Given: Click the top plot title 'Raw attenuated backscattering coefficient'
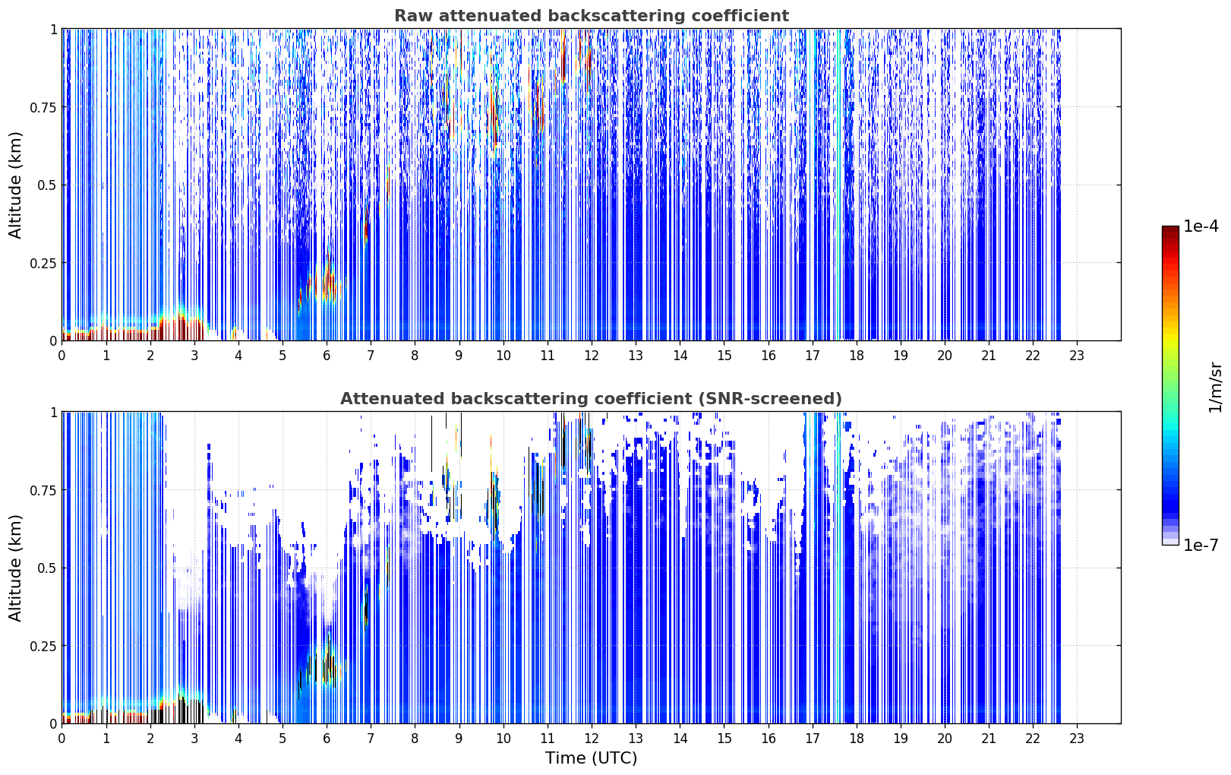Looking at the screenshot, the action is tap(592, 16).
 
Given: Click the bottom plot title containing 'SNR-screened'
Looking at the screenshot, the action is tap(592, 398).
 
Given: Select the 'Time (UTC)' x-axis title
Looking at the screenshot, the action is tap(592, 758).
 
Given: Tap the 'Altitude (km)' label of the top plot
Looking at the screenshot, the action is tap(15, 185).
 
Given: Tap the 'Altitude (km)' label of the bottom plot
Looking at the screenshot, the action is tap(15, 568).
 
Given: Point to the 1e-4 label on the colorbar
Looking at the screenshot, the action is tap(1201, 226).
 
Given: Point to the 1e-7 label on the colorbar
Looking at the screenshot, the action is tap(1201, 546).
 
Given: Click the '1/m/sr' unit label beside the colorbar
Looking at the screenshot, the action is tap(1215, 387).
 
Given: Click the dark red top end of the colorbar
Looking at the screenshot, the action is tap(1170, 229).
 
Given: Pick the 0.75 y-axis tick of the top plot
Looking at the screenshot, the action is tap(43, 107).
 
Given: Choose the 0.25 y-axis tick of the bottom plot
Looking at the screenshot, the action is tap(43, 646).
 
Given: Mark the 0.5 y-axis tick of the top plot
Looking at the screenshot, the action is tap(47, 185).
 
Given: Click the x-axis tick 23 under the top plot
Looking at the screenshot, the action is tap(1077, 356).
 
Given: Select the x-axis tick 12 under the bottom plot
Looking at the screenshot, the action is tap(592, 739).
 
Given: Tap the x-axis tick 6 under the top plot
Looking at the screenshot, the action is tap(327, 356).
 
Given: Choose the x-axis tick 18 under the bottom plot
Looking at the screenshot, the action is tap(856, 739).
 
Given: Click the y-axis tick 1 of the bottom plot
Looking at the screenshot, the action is tap(54, 413).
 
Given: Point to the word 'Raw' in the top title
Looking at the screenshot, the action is tap(413, 16).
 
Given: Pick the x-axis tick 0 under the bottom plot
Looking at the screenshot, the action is tap(62, 739).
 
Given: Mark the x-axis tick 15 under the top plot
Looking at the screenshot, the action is tap(724, 356).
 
